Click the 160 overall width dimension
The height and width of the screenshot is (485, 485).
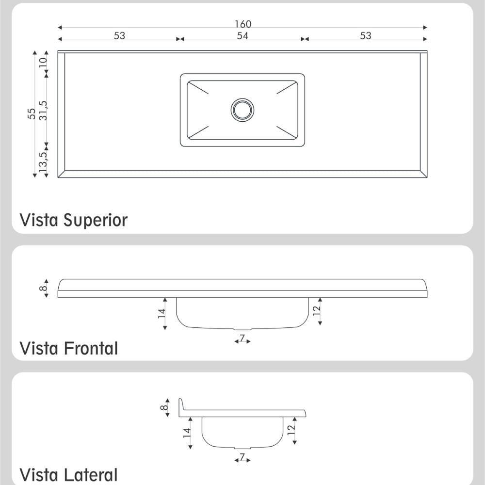pyautogui.click(x=243, y=24)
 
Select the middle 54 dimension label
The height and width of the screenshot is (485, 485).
pyautogui.click(x=242, y=36)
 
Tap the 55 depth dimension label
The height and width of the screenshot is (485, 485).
pyautogui.click(x=32, y=113)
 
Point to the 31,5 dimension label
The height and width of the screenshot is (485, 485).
pyautogui.click(x=43, y=111)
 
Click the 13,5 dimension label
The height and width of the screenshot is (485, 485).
pyautogui.click(x=43, y=162)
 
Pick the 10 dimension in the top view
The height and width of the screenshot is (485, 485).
pyautogui.click(x=43, y=62)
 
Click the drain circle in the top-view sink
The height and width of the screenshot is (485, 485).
pyautogui.click(x=242, y=110)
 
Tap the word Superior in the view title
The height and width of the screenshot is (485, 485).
pyautogui.click(x=96, y=221)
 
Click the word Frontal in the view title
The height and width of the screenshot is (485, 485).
pyautogui.click(x=91, y=348)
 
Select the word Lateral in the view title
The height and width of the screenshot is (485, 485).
pyautogui.click(x=91, y=475)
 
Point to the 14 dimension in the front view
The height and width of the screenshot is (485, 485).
pyautogui.click(x=162, y=313)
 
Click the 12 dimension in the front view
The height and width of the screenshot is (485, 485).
pyautogui.click(x=317, y=310)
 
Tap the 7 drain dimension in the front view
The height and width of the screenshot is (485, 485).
pyautogui.click(x=242, y=338)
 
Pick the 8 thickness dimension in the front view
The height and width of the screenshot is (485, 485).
pyautogui.click(x=43, y=288)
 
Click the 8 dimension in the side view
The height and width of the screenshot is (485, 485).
pyautogui.click(x=164, y=407)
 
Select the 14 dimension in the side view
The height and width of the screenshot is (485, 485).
pyautogui.click(x=187, y=433)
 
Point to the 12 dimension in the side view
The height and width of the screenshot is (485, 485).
pyautogui.click(x=291, y=430)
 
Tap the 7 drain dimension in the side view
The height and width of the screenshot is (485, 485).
pyautogui.click(x=242, y=457)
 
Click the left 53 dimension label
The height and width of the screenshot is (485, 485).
pyautogui.click(x=119, y=36)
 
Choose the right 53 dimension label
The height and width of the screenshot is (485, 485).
pyautogui.click(x=365, y=36)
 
